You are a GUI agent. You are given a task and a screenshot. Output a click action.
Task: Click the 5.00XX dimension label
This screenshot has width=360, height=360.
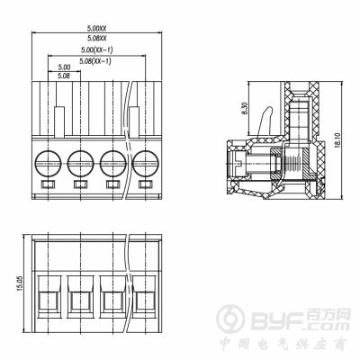97,29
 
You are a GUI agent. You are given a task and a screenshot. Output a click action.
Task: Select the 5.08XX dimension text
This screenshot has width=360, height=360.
97,39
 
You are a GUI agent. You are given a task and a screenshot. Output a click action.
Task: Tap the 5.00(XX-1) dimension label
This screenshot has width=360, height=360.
97,49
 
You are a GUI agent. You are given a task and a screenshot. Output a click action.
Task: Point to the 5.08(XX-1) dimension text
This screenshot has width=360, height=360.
95,61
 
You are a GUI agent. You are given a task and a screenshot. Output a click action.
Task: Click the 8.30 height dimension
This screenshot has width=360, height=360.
244,109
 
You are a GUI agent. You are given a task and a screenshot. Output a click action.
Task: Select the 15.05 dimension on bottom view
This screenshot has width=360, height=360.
20,283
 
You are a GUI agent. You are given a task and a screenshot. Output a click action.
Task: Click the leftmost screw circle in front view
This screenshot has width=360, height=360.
48,164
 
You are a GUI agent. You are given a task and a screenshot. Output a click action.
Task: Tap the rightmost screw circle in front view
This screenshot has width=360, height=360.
146,164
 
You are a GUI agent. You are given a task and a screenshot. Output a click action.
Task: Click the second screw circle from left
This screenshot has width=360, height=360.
80,164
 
